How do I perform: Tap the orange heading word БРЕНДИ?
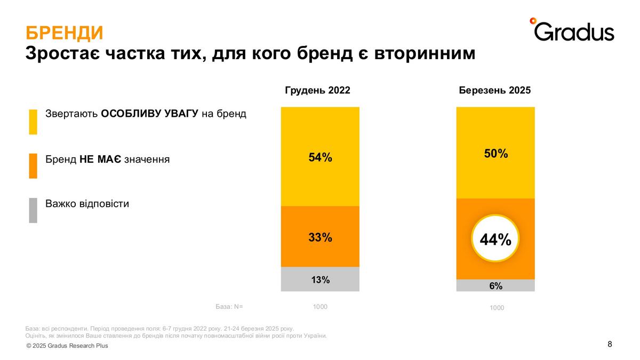[65, 33]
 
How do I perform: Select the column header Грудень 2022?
[317, 90]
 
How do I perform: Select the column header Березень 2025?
[495, 90]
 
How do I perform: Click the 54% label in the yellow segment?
[320, 157]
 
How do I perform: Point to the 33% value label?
[320, 237]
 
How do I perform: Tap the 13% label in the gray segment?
[321, 279]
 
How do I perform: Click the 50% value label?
[495, 154]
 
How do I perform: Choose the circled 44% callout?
[495, 240]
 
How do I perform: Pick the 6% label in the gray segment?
[495, 286]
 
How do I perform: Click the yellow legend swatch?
[33, 122]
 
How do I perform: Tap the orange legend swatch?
[33, 166]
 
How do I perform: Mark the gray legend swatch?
[33, 210]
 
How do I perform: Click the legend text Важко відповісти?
[87, 204]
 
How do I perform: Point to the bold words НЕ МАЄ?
[100, 159]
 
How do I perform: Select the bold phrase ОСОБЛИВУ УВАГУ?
[150, 114]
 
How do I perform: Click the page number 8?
[610, 344]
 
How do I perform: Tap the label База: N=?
[229, 307]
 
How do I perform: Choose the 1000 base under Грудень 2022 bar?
[320, 307]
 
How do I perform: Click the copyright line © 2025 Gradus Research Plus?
[67, 346]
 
